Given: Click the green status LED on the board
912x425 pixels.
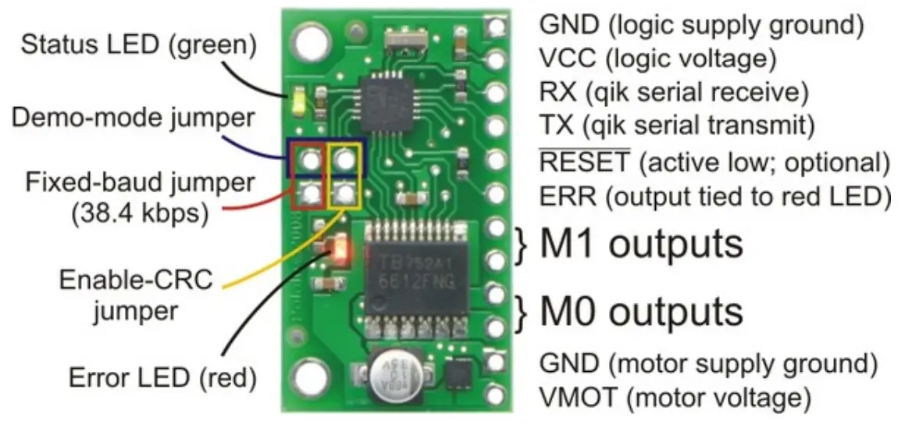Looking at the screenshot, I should [x=297, y=102].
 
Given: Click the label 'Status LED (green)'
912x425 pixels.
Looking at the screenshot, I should [x=139, y=45].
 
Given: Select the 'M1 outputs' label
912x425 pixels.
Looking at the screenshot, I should [x=641, y=244].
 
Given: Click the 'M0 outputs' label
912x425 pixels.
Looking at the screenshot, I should [x=641, y=311].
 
